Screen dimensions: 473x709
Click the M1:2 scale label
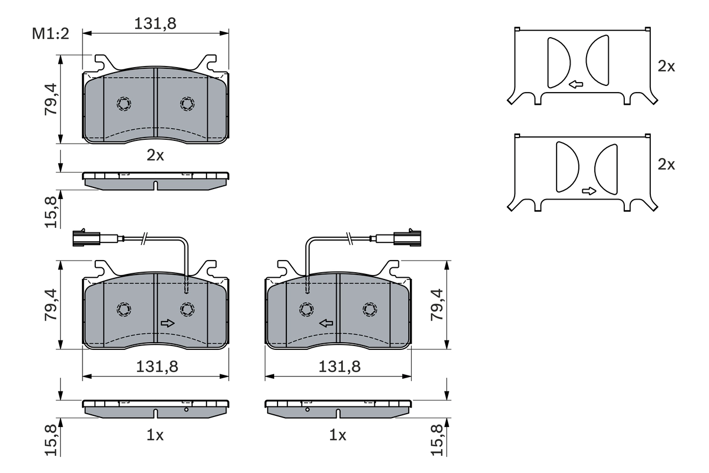[x=50, y=34]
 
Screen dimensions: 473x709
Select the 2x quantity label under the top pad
[x=155, y=156]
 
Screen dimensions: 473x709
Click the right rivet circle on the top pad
[x=187, y=104]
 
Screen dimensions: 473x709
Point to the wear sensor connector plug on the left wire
[x=86, y=239]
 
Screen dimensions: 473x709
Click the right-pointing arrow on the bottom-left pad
[x=167, y=323]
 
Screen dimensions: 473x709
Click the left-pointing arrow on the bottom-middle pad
[x=326, y=323]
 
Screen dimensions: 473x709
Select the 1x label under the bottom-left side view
[x=155, y=436]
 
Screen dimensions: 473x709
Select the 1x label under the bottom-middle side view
[x=338, y=436]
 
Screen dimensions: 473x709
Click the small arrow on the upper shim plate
[x=576, y=85]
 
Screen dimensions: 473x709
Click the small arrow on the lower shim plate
[x=589, y=191]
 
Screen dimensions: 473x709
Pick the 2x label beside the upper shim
[x=666, y=67]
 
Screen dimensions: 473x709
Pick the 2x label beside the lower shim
[x=666, y=165]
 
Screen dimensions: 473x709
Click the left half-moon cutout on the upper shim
[x=558, y=63]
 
